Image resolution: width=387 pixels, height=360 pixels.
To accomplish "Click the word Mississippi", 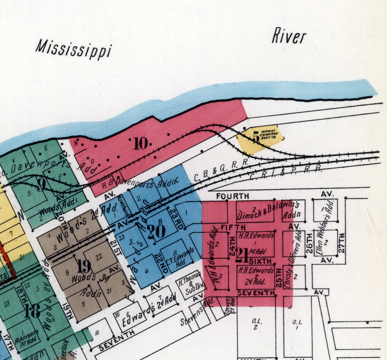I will click(x=74, y=50).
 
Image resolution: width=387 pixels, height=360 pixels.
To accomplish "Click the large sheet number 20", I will click(x=156, y=231).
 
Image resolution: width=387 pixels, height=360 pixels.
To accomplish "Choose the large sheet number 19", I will click(x=84, y=266).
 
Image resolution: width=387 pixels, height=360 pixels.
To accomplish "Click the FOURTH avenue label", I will click(x=233, y=196).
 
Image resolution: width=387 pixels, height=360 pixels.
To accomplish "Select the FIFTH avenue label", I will click(x=233, y=227).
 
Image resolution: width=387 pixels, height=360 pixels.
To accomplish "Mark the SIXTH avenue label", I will click(x=260, y=261).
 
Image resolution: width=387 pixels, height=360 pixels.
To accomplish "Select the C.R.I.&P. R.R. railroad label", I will click(x=285, y=172).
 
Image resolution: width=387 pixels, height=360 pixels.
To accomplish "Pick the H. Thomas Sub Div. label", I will click(x=190, y=283).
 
